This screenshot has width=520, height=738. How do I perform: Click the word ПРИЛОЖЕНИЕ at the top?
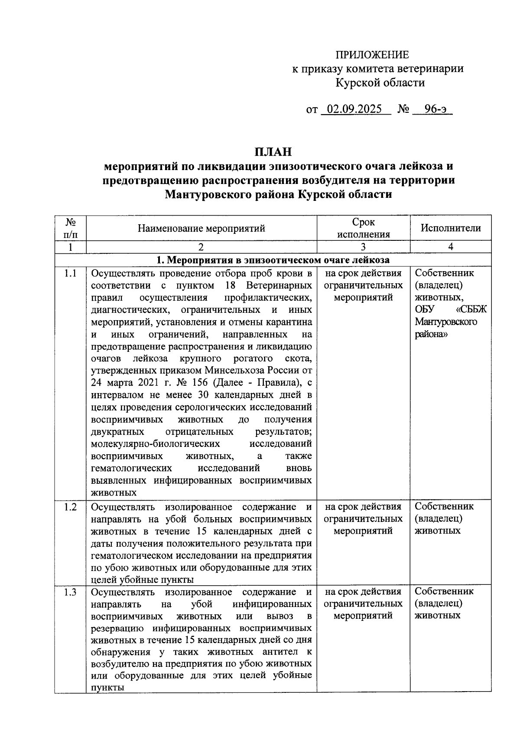click(x=372, y=55)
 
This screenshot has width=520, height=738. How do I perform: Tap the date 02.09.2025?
click(x=354, y=109)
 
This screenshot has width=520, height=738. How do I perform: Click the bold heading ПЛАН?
click(x=273, y=152)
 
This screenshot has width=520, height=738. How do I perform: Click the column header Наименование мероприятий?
click(x=201, y=228)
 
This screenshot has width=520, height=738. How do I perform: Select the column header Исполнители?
click(x=451, y=228)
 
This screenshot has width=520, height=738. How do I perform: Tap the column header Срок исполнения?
click(x=364, y=228)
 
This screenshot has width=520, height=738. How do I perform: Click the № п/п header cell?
click(x=70, y=228)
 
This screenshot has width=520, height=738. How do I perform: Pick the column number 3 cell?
click(x=363, y=247)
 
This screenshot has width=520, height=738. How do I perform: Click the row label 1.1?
click(x=70, y=274)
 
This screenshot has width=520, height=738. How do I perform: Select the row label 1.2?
click(x=70, y=507)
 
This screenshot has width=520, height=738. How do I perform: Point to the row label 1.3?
click(x=70, y=592)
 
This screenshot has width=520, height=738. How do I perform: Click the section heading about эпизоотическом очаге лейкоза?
click(x=273, y=260)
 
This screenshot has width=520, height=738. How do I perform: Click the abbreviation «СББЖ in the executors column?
click(x=471, y=310)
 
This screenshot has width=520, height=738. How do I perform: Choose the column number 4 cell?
click(x=451, y=247)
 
